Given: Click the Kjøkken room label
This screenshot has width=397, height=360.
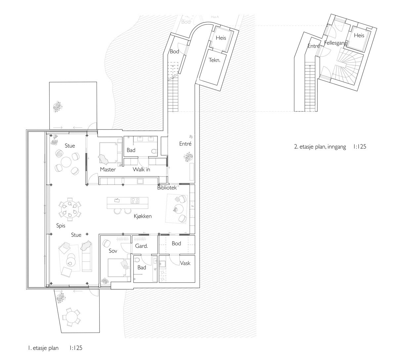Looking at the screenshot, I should pyautogui.click(x=143, y=217).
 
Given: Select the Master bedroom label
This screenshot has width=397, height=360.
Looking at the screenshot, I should pyautogui.click(x=108, y=170).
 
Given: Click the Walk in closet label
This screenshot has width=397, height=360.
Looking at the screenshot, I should pyautogui.click(x=141, y=170).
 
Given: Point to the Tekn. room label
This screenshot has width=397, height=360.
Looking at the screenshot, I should pyautogui.click(x=214, y=60).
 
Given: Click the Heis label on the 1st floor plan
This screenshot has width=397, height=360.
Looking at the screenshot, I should pyautogui.click(x=221, y=38).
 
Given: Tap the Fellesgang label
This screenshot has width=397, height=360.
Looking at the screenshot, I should pyautogui.click(x=336, y=43).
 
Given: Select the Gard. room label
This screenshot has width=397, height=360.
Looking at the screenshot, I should pyautogui.click(x=141, y=246).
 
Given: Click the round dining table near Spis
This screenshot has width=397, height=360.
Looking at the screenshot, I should pyautogui.click(x=70, y=209).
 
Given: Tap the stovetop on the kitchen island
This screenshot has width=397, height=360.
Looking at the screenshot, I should pyautogui.click(x=136, y=200).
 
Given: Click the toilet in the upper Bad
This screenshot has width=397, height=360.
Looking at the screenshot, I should pyautogui.click(x=154, y=151).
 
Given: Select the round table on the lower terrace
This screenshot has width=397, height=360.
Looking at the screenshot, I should pyautogui.click(x=71, y=318).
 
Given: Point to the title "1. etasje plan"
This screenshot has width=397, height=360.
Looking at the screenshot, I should pyautogui.click(x=43, y=348).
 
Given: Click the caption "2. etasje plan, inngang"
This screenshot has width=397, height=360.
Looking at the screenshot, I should pyautogui.click(x=320, y=147).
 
